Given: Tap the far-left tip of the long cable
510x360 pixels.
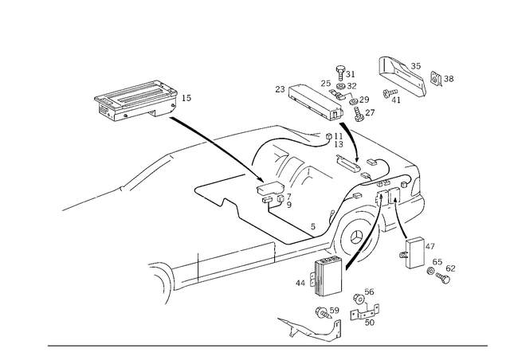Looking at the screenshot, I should [x=64, y=209].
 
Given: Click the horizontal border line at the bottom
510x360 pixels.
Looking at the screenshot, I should [x=267, y=345].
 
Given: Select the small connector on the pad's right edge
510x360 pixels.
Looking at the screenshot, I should [x=188, y=99].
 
